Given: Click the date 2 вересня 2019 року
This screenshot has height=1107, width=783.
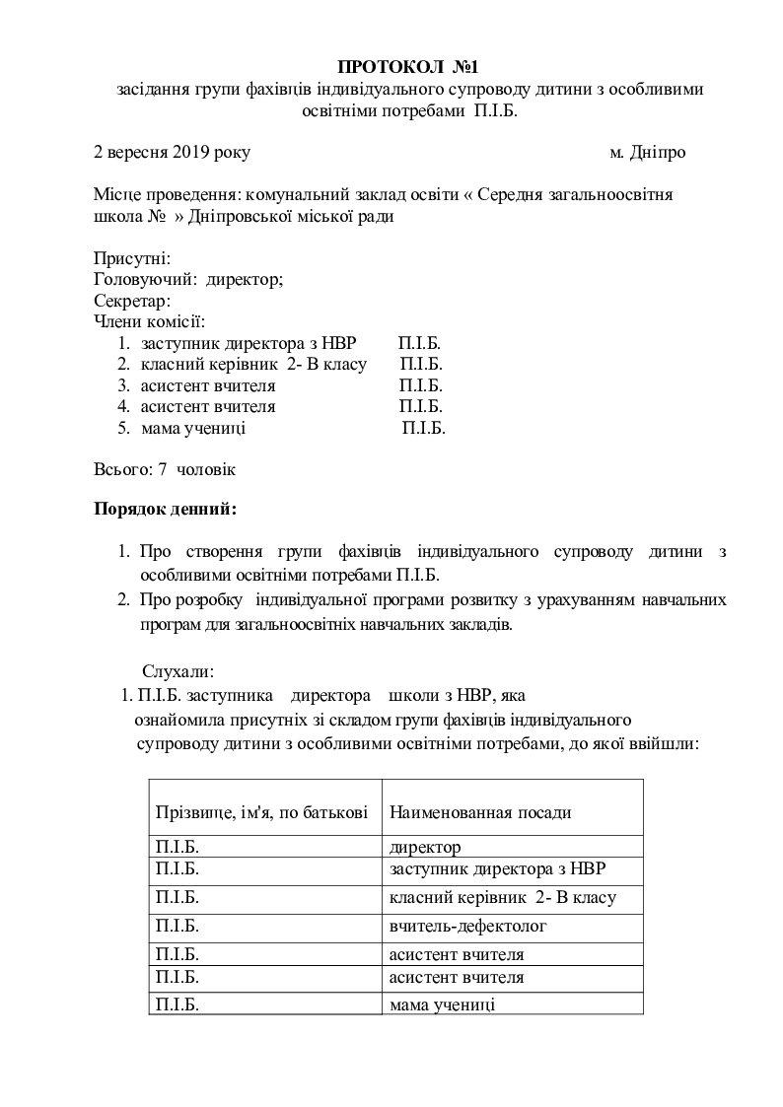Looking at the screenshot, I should (172, 152).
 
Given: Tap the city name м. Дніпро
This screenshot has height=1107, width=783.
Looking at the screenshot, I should (647, 152).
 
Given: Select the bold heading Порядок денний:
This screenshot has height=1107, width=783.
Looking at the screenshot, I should (165, 510).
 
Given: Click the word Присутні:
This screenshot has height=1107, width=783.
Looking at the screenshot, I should (132, 258).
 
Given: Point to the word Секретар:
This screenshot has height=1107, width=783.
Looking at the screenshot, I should (133, 300).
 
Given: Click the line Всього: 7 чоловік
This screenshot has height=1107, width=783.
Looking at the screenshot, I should (164, 469).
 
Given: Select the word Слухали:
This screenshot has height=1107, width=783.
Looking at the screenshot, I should (178, 671).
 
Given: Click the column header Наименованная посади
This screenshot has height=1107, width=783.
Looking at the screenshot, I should (480, 812).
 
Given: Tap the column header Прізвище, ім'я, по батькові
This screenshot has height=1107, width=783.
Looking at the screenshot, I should (262, 812).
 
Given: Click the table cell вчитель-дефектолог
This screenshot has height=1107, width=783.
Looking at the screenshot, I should (467, 926).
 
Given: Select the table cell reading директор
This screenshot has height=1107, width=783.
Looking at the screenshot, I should (425, 847).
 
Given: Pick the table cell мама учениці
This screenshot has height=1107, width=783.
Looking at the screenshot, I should (443, 1004).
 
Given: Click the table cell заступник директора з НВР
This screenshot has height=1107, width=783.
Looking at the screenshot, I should (498, 868).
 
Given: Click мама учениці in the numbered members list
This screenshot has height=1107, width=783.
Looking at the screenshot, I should (193, 428).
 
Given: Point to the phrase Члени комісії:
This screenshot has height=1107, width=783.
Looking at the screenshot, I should (149, 320).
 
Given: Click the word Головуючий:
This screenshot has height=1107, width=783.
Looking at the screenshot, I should (145, 279).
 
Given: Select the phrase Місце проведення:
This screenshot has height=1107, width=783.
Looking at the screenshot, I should (167, 195).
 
